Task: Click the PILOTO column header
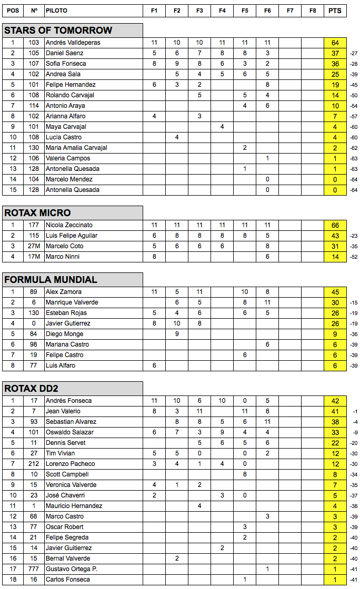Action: [56, 11]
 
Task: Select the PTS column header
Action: [335, 11]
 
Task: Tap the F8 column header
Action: [313, 11]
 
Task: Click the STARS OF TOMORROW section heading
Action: [58, 31]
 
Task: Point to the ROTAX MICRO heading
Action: [37, 213]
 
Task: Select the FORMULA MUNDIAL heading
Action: [51, 280]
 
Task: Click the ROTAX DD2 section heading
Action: [31, 389]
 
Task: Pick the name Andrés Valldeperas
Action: [73, 43]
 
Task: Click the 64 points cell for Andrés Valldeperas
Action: [335, 43]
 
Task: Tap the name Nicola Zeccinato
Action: [69, 225]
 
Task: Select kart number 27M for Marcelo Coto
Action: [34, 246]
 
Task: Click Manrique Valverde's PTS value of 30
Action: [335, 302]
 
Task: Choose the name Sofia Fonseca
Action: [66, 64]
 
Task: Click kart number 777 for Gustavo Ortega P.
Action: [34, 569]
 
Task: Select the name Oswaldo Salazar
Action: [69, 432]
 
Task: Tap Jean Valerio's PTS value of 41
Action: [335, 411]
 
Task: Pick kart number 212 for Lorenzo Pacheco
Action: [34, 464]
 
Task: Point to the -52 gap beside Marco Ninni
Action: [354, 257]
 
